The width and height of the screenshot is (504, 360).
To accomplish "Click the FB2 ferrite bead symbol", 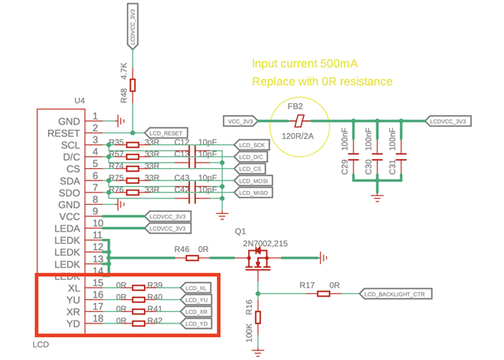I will (x=300, y=121).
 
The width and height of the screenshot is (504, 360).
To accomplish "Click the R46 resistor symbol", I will (x=193, y=258).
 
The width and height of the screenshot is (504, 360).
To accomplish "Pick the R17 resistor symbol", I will (x=324, y=293).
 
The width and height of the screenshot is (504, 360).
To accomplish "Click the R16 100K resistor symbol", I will (x=259, y=316).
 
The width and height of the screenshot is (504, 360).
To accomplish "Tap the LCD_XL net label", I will (x=196, y=288).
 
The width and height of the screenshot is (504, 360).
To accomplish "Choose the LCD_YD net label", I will (x=196, y=323).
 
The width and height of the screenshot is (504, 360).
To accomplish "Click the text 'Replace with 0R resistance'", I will (x=323, y=81).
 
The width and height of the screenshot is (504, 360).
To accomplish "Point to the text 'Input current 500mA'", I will (x=305, y=63).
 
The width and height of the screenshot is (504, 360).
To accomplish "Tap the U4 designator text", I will (x=79, y=100).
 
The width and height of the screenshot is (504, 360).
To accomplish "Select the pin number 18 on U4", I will (x=98, y=319).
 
